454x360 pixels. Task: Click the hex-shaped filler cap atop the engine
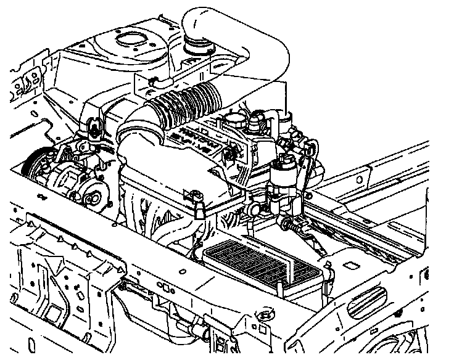pyautogui.click(x=235, y=117)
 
